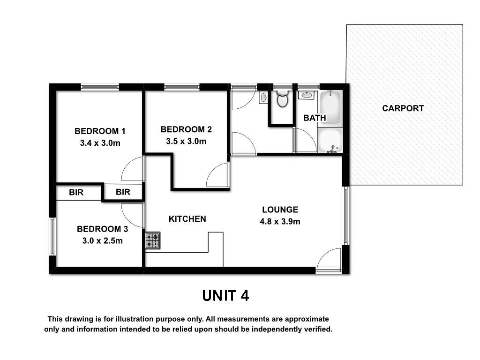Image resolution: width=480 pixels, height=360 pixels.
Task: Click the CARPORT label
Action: (x=403, y=108)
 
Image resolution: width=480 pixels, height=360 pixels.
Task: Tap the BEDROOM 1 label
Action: (x=100, y=131)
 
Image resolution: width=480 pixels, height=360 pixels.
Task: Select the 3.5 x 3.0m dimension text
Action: (x=186, y=142)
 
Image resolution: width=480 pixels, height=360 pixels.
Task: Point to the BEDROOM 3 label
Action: (x=103, y=229)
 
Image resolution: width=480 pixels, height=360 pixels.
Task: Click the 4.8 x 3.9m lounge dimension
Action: (x=280, y=221)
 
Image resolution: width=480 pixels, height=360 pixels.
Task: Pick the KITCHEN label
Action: (x=187, y=219)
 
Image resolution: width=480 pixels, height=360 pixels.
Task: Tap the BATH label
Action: (x=315, y=118)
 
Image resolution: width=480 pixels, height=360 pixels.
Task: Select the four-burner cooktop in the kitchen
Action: (x=153, y=240)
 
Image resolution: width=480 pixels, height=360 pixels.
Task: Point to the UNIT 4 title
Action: (x=225, y=296)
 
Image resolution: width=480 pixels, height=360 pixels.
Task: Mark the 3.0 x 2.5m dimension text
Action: (x=103, y=241)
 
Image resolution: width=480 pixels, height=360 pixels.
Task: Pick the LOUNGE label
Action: (x=280, y=210)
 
